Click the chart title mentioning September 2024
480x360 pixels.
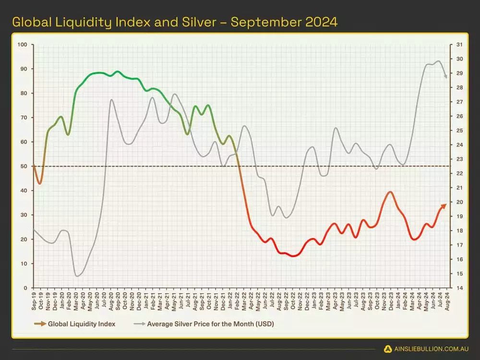174,22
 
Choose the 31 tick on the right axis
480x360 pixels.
459,45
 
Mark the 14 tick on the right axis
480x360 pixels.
459,288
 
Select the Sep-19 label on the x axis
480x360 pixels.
34,300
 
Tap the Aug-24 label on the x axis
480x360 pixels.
448,300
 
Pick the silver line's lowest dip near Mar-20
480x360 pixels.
77,276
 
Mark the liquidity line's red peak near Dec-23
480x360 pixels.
390,192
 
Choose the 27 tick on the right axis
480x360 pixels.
459,102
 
